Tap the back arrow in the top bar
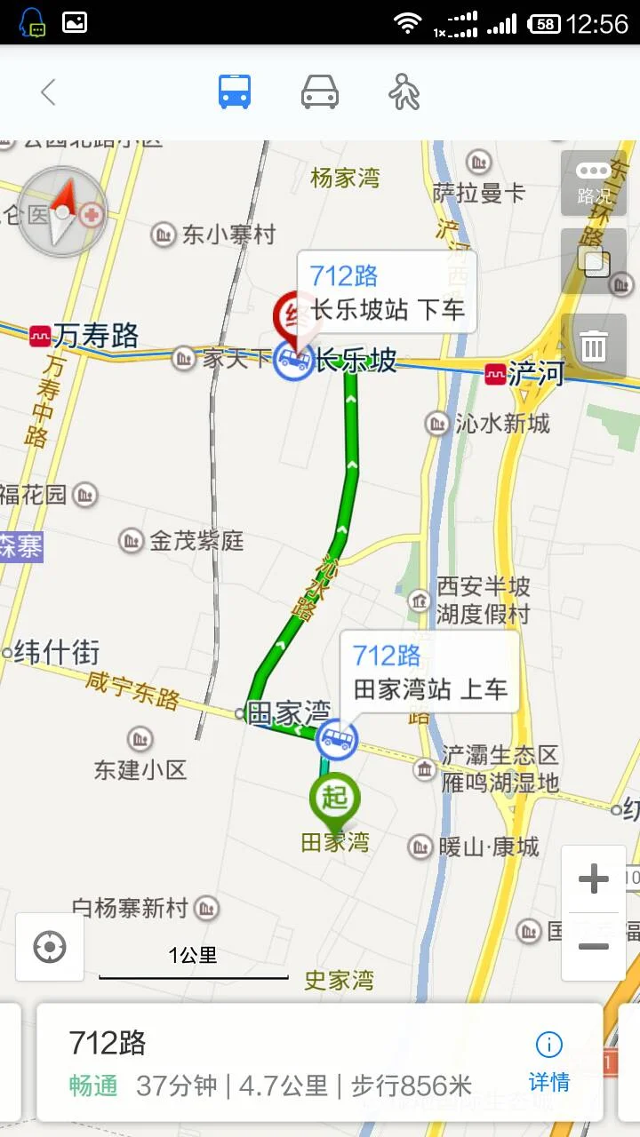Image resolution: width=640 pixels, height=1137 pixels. (x=48, y=92)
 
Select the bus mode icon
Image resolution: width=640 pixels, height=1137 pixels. (x=235, y=92)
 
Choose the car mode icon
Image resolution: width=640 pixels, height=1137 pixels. (x=320, y=92)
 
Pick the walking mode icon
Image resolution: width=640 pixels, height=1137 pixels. (x=404, y=92)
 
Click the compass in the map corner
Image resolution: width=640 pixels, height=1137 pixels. (x=62, y=212)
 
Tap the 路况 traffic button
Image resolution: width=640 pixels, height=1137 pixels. (x=594, y=184)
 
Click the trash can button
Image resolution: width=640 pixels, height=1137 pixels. (x=594, y=346)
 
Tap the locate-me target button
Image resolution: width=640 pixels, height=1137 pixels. (x=50, y=947)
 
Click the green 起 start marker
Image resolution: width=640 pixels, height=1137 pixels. (x=334, y=799)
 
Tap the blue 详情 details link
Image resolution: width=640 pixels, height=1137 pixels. (x=549, y=1062)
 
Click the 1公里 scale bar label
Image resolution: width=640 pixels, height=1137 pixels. (x=193, y=956)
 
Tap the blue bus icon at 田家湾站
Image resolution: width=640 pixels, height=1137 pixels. (x=337, y=739)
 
